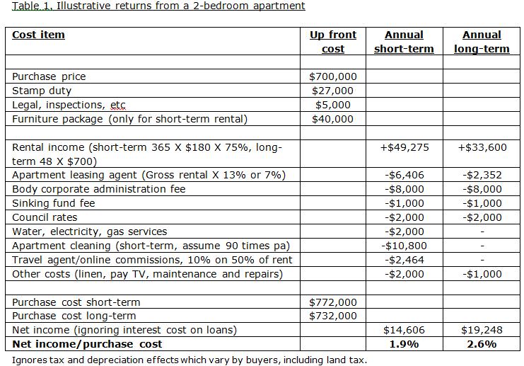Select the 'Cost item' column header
(38, 35)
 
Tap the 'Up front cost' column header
(333, 42)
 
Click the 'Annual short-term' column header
(404, 42)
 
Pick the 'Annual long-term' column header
(482, 42)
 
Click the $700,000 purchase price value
(333, 76)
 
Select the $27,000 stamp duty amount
(333, 91)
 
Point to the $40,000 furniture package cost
(333, 119)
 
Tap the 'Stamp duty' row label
(42, 91)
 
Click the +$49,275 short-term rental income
(404, 147)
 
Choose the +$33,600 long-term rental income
(482, 147)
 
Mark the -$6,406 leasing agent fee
(404, 175)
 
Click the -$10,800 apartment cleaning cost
(404, 246)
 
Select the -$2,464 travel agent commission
(404, 260)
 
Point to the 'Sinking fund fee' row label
(54, 203)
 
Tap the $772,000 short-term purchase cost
(333, 302)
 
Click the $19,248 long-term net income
(482, 330)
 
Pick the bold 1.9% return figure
(404, 344)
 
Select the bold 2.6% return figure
(482, 344)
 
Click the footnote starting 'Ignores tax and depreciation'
(190, 360)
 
